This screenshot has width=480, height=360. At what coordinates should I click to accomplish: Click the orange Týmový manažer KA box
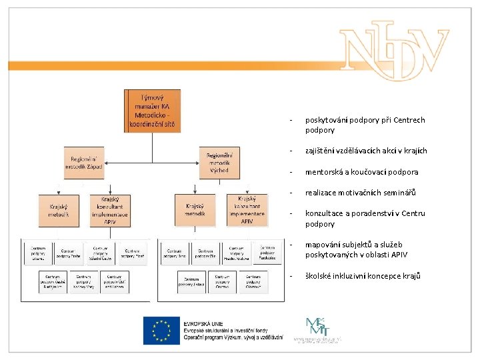tap(151, 111)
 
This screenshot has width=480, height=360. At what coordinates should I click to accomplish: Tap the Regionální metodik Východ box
tap(219, 163)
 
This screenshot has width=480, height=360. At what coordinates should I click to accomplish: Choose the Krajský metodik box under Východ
tap(195, 210)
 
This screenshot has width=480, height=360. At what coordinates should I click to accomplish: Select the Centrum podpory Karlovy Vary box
tap(83, 282)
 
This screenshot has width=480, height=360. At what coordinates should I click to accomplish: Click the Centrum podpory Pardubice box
tap(267, 252)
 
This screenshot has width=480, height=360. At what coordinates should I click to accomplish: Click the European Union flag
tap(161, 331)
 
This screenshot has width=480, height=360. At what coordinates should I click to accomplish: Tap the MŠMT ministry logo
tap(314, 329)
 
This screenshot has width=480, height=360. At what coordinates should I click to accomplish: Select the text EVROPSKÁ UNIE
tap(203, 322)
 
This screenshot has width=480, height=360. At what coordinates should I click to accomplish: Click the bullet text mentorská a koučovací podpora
tap(362, 172)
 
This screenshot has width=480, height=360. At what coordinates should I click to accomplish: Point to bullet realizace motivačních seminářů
tap(360, 193)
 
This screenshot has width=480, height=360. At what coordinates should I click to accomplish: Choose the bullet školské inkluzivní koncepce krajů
tap(363, 275)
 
